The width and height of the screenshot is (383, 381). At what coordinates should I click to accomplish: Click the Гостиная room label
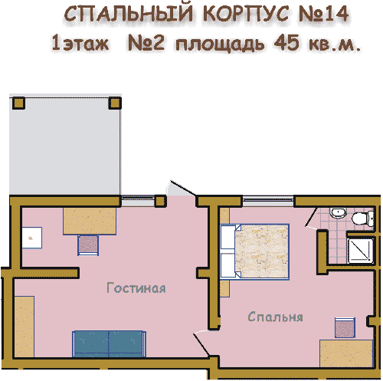136,287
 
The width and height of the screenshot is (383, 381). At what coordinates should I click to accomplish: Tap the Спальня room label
275,317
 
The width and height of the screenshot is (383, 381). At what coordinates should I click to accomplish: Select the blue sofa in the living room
110,343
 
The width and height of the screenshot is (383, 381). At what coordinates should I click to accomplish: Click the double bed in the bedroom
254,251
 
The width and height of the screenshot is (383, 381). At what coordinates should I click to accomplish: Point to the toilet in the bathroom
363,218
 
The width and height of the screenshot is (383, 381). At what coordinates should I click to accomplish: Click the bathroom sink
339,212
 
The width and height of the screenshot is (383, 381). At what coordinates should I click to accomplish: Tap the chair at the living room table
88,245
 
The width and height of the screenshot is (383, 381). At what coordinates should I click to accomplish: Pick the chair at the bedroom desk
345,327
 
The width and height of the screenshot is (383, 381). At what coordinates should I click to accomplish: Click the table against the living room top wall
90,221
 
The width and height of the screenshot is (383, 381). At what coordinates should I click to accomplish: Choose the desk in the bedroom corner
346,353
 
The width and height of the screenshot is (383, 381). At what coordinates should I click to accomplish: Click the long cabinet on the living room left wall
25,327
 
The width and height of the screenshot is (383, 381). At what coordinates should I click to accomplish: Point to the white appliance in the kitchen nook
32,238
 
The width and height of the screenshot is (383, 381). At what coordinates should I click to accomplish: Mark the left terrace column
18,103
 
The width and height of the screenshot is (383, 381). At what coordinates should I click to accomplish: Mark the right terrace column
115,103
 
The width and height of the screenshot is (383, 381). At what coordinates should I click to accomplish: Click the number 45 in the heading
286,42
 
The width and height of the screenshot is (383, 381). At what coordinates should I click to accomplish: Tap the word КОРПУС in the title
246,14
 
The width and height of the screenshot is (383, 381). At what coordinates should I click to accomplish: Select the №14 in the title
323,14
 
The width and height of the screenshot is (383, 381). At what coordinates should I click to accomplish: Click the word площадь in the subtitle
220,44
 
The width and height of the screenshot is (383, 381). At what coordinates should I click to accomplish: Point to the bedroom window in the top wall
267,201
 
